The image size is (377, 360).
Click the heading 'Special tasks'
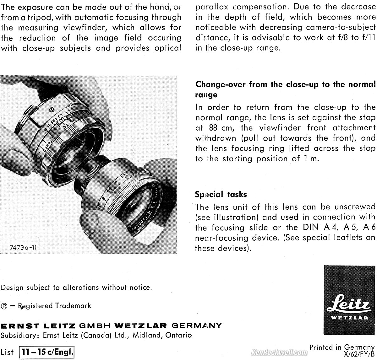[x=221, y=194]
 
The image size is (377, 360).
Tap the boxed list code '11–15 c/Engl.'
[x=48, y=352]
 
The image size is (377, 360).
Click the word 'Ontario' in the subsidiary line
[x=178, y=335]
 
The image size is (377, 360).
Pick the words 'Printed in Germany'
[x=342, y=347]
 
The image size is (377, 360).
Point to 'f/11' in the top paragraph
[x=368, y=38]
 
